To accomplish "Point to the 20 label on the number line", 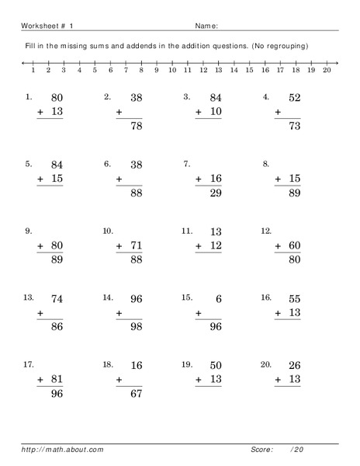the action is pyautogui.click(x=326, y=70).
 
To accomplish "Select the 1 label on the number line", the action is pyautogui.click(x=33, y=70).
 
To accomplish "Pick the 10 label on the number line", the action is pyautogui.click(x=171, y=70).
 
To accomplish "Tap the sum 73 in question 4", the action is pyautogui.click(x=292, y=127).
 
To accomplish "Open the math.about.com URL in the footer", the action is pyautogui.click(x=62, y=449).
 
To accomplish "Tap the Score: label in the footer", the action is pyautogui.click(x=262, y=449).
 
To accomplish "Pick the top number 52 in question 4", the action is pyautogui.click(x=292, y=98).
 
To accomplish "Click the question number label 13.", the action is pyautogui.click(x=29, y=297).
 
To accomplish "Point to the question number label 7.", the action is pyautogui.click(x=186, y=164).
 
